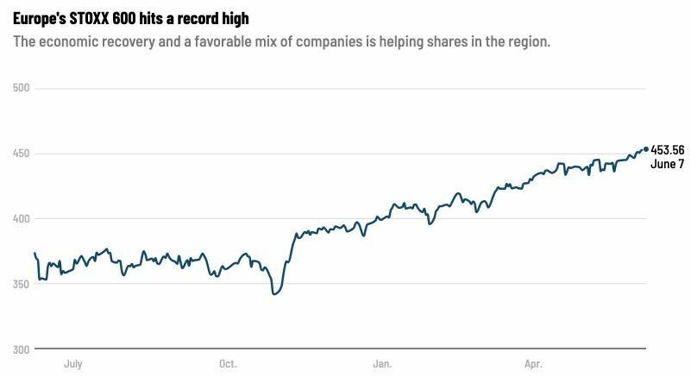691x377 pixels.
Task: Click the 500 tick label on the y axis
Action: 22,88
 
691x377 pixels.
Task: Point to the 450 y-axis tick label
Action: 22,154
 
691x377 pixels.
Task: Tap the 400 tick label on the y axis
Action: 22,219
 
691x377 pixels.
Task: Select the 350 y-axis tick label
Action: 22,284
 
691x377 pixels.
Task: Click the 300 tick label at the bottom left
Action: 22,349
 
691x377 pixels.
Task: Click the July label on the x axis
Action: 72,364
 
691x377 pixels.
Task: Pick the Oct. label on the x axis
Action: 228,364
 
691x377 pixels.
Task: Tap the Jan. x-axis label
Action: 382,364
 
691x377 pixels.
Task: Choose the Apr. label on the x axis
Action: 533,364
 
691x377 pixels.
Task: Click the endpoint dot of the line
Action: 646,149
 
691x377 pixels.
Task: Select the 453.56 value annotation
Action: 668,150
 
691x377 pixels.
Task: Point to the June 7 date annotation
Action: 668,164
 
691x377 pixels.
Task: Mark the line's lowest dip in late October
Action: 274,294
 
